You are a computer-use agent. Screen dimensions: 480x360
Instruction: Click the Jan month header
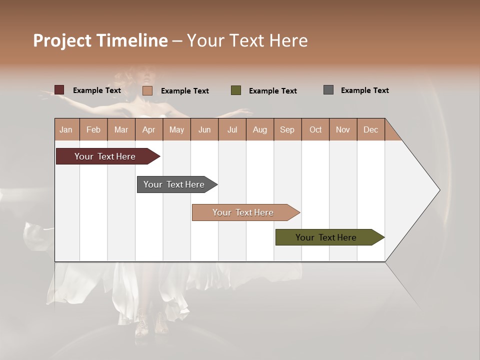[x=66, y=129]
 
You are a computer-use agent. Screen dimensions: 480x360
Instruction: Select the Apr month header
[x=148, y=129]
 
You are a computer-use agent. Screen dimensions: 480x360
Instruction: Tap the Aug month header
[x=259, y=129]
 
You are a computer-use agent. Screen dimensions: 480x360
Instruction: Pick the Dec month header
[x=370, y=129]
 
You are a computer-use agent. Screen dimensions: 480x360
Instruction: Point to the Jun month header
[x=204, y=129]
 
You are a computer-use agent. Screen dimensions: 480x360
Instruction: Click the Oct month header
[x=315, y=129]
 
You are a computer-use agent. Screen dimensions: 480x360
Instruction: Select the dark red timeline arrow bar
[x=105, y=156]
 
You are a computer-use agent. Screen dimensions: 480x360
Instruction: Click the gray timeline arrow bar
[x=174, y=184]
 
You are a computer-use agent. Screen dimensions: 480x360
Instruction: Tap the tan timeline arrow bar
[x=243, y=212]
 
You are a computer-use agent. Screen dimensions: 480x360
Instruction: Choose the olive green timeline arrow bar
[x=326, y=237]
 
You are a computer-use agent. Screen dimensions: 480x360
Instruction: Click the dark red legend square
[x=59, y=90]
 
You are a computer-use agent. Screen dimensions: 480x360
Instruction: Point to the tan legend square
[x=147, y=90]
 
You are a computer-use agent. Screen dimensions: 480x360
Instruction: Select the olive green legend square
[x=236, y=90]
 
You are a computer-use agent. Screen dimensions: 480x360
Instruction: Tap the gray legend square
[x=328, y=90]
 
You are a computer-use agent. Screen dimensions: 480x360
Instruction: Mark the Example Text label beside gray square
[x=364, y=90]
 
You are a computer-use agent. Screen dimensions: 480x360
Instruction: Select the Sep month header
[x=287, y=129]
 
